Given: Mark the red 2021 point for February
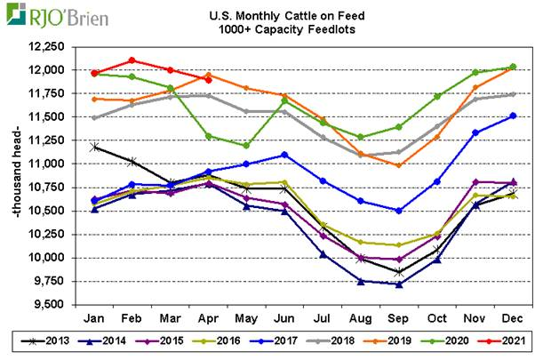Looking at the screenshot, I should (x=132, y=60).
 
